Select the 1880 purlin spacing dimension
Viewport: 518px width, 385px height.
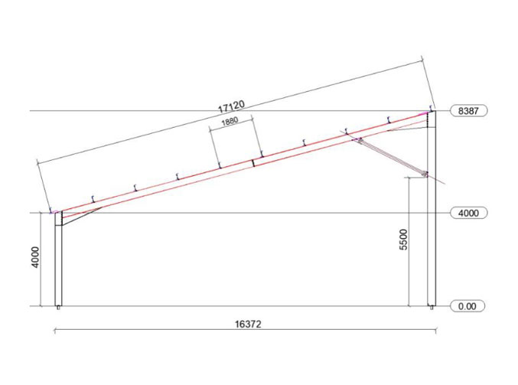pyautogui.click(x=233, y=122)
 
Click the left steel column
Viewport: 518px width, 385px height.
pyautogui.click(x=58, y=260)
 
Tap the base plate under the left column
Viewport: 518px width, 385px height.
pyautogui.click(x=58, y=308)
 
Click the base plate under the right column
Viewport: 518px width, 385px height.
pyautogui.click(x=432, y=308)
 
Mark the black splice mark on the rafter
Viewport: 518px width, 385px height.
pyautogui.click(x=253, y=162)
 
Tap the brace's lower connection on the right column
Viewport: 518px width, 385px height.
pyautogui.click(x=425, y=174)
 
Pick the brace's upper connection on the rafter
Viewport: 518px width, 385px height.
pyautogui.click(x=356, y=139)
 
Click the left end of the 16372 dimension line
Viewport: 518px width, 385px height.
pyautogui.click(x=54, y=331)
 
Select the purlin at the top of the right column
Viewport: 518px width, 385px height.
pyautogui.click(x=431, y=109)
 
